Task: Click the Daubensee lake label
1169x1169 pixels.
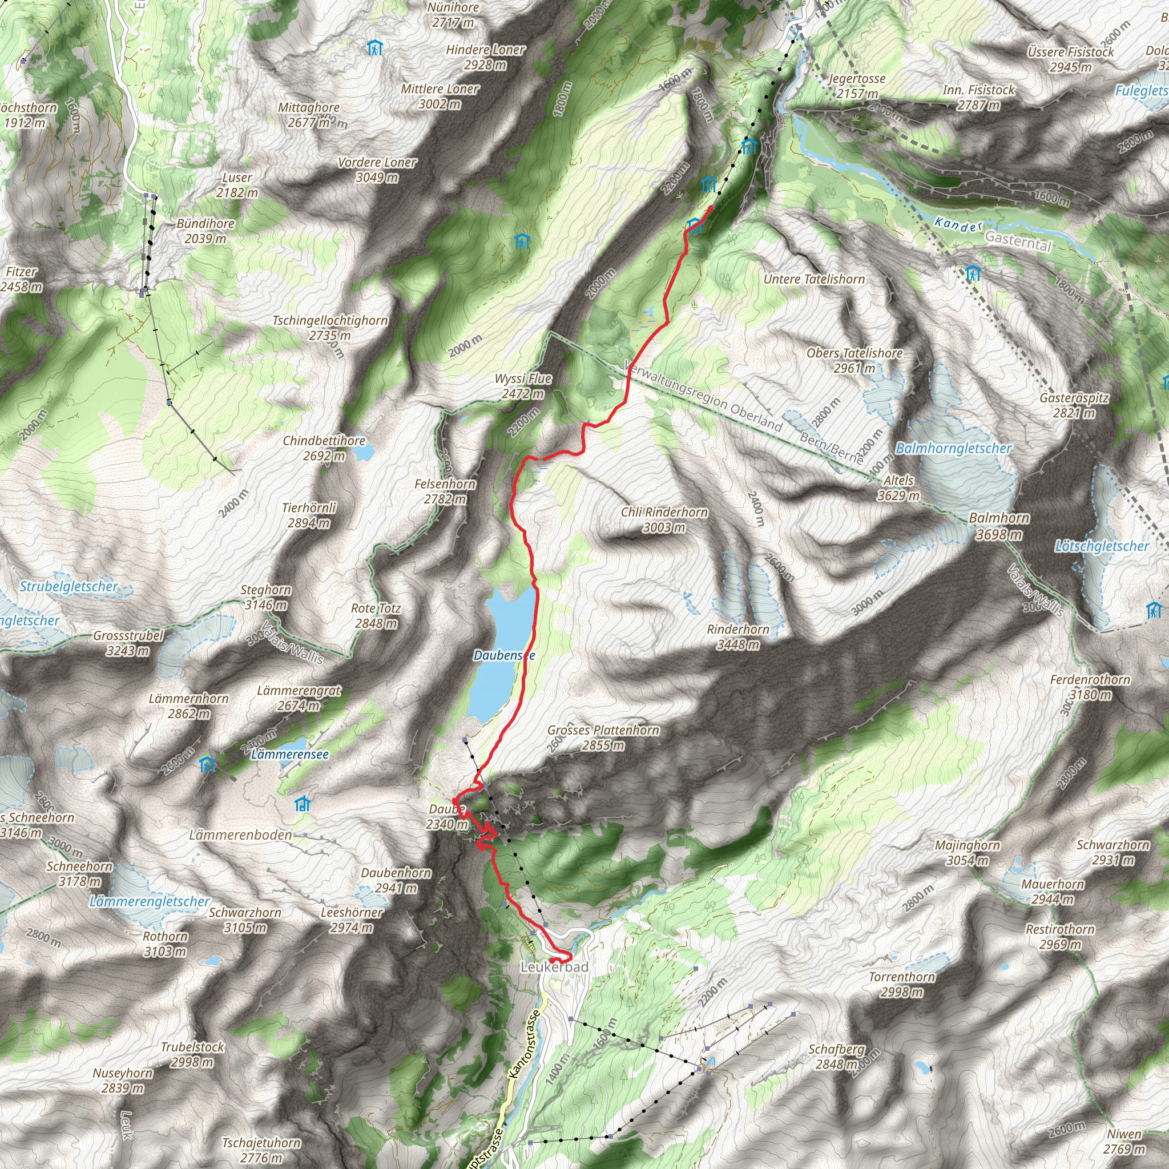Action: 503,655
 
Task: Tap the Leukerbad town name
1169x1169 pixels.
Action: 554,968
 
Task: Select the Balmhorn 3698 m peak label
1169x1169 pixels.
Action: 999,526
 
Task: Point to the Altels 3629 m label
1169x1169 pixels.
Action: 898,487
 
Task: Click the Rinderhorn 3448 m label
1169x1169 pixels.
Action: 737,636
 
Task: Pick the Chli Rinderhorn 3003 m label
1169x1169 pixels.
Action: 664,519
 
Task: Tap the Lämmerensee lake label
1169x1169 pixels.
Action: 290,755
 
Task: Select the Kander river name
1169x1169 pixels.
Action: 958,224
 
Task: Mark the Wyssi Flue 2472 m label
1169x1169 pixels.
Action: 523,386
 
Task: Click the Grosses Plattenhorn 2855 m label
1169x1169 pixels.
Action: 603,737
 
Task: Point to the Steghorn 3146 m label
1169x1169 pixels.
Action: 265,597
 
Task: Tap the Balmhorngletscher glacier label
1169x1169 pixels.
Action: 954,448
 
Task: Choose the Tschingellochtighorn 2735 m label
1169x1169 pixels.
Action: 330,327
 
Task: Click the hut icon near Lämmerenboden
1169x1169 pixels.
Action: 303,804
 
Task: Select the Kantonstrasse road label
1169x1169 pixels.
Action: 523,1044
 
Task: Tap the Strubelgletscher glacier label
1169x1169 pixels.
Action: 69,586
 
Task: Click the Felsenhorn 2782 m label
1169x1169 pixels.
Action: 445,491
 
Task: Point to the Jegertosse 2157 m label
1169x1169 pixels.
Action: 857,86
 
